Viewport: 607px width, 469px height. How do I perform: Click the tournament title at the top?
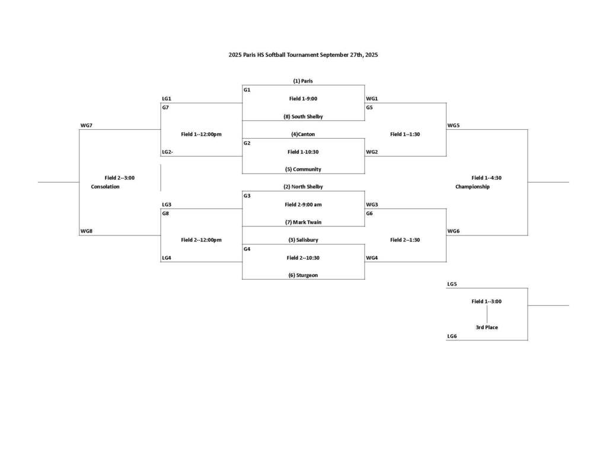pos(303,55)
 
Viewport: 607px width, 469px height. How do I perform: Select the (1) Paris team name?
pos(303,81)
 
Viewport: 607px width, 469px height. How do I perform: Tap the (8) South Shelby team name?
pos(303,117)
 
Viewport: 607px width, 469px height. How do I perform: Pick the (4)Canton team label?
pos(303,134)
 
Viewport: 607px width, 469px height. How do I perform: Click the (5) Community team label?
pos(303,169)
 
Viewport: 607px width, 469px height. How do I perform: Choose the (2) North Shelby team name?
pos(303,187)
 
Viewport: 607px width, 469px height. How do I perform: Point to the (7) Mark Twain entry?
pos(303,222)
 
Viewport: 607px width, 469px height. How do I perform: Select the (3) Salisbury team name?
pos(303,240)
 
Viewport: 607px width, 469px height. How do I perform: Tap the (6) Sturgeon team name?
pos(303,275)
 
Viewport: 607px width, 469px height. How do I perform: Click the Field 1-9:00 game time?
pos(303,98)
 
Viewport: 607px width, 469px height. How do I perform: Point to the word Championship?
pos(472,187)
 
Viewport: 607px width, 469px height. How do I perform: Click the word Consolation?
pos(106,187)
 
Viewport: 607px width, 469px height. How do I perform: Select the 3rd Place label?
pos(487,327)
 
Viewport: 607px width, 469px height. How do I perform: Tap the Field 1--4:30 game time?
pos(487,178)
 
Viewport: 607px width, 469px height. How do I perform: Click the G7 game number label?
pos(165,108)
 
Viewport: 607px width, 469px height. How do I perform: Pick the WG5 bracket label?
pos(453,126)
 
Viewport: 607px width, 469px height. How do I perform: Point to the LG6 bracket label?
pos(452,336)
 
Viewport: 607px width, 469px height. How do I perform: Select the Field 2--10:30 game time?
pos(303,258)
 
